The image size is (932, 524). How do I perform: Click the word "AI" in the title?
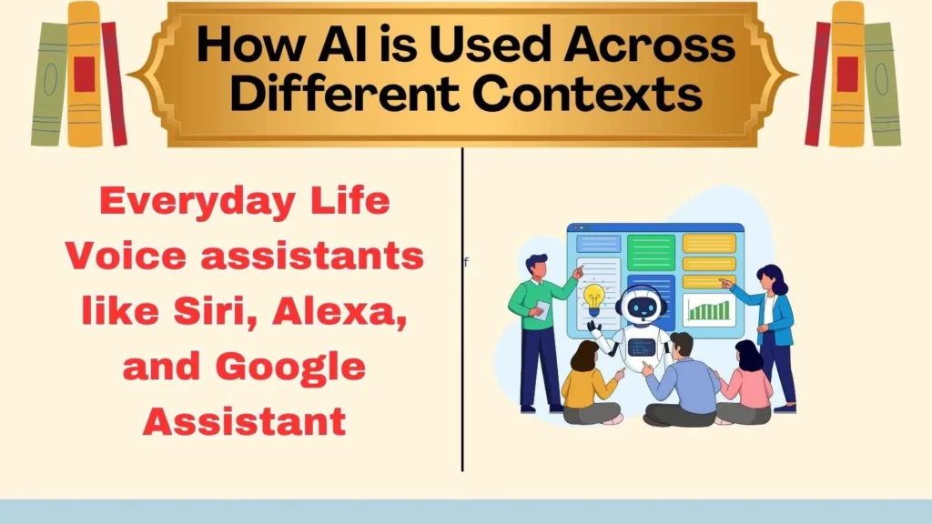click(381, 43)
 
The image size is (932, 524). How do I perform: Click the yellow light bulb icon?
click(594, 296)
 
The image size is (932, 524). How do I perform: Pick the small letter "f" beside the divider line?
click(466, 263)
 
